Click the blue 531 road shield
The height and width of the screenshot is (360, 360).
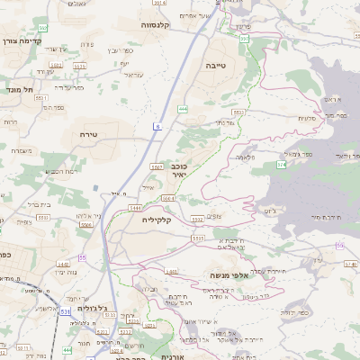66,312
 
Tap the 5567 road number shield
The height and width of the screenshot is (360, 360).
157,166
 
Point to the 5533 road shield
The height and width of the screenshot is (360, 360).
197,239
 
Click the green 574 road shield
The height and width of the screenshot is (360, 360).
282,166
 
